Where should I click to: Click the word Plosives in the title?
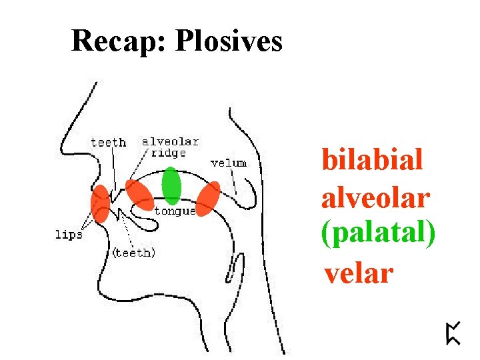click(229, 41)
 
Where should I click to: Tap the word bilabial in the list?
click(372, 160)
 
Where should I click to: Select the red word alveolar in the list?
click(375, 197)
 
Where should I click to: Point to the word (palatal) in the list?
click(378, 235)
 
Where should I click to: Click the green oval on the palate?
click(171, 185)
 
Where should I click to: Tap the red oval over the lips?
click(101, 203)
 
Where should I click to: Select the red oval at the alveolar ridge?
click(140, 195)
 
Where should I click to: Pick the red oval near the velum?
click(209, 198)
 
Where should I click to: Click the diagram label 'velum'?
click(228, 163)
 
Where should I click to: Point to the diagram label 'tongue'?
click(175, 211)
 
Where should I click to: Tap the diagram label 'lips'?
click(68, 235)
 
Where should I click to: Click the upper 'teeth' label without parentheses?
click(108, 142)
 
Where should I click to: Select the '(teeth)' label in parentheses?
click(134, 253)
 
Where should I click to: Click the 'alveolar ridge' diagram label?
click(170, 147)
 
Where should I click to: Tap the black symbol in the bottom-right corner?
click(453, 332)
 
